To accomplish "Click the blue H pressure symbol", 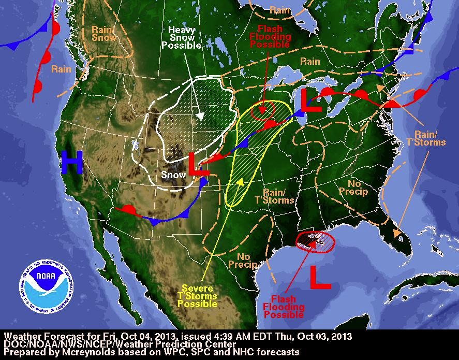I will (71, 162).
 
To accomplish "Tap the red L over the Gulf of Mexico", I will (320, 277).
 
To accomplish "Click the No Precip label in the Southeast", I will (353, 188).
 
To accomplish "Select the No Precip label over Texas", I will (247, 261).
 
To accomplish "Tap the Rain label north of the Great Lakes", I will (310, 61).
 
